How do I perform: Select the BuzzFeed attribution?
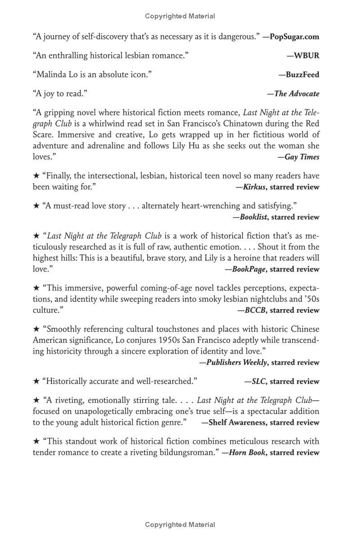click(302, 75)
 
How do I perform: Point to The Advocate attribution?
click(297, 94)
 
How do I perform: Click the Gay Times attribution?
click(302, 157)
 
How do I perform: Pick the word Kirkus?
click(254, 187)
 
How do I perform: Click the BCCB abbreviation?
click(255, 310)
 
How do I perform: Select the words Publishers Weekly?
click(237, 362)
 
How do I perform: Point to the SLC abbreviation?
click(259, 381)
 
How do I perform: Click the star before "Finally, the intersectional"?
click(36, 175)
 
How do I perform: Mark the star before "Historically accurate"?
click(36, 381)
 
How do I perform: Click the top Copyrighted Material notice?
click(180, 16)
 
